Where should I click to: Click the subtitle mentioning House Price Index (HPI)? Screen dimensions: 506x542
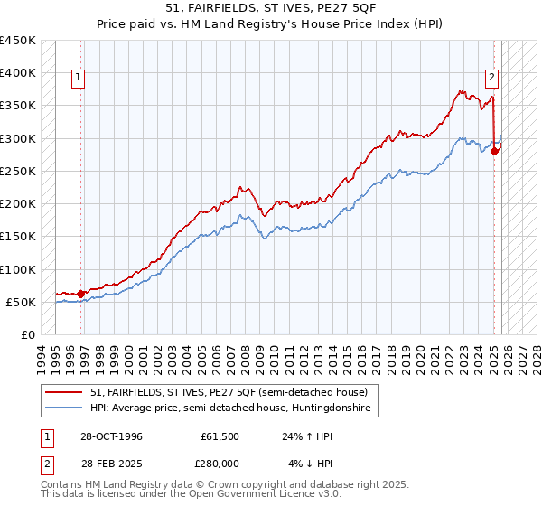[x=271, y=24]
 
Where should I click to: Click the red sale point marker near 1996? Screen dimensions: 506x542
[x=81, y=294]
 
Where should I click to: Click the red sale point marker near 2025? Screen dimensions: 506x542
[x=495, y=151]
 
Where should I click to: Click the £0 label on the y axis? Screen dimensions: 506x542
[x=27, y=335]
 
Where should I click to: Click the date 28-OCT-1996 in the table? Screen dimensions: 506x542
[x=107, y=436]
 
